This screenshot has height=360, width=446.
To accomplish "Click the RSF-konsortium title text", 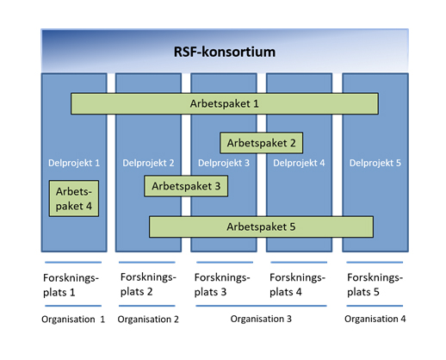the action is pyautogui.click(x=225, y=52).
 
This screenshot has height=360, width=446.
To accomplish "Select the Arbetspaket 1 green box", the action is pyautogui.click(x=225, y=103).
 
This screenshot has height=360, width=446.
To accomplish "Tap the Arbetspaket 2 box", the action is pyautogui.click(x=261, y=143).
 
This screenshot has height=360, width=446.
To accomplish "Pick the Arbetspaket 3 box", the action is pyautogui.click(x=186, y=186).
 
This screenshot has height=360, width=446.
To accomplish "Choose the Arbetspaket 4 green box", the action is pyautogui.click(x=74, y=198).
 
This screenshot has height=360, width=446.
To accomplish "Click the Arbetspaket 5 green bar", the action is pyautogui.click(x=261, y=227).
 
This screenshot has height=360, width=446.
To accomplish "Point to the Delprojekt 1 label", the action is pyautogui.click(x=74, y=163).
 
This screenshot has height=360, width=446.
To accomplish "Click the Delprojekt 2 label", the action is pyautogui.click(x=148, y=163).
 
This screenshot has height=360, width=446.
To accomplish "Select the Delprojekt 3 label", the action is pyautogui.click(x=224, y=163).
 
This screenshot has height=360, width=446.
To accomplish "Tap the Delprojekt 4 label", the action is pyautogui.click(x=299, y=163).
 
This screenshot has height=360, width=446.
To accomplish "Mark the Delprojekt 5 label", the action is pyautogui.click(x=375, y=163).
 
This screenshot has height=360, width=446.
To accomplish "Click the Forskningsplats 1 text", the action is pyautogui.click(x=71, y=285).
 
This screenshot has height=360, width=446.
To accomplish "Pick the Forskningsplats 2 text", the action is pyautogui.click(x=148, y=284).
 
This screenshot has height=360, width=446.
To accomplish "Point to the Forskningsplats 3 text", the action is pyautogui.click(x=222, y=284).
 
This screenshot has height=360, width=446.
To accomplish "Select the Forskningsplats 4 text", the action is pyautogui.click(x=297, y=284).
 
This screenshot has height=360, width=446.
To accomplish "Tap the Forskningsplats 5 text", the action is pyautogui.click(x=375, y=284).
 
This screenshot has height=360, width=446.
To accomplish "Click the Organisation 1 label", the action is pyautogui.click(x=73, y=320).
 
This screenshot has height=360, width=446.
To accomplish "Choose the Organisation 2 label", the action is pyautogui.click(x=148, y=320).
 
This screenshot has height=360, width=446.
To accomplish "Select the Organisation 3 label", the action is pyautogui.click(x=261, y=319).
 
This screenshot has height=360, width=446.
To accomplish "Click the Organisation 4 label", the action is pyautogui.click(x=375, y=319).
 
